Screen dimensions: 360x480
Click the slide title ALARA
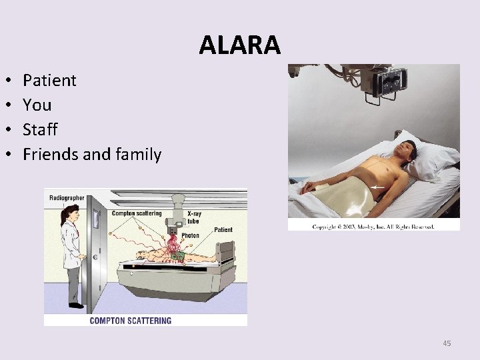click(x=240, y=45)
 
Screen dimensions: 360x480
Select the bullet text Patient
click(x=49, y=81)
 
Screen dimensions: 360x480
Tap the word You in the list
click(x=37, y=105)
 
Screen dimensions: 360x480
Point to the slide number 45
click(x=447, y=343)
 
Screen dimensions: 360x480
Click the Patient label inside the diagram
click(x=223, y=230)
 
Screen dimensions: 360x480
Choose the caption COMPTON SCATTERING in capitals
click(x=130, y=320)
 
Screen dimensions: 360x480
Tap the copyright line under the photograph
click(x=373, y=227)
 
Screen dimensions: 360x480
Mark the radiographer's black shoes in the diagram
click(x=75, y=306)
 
